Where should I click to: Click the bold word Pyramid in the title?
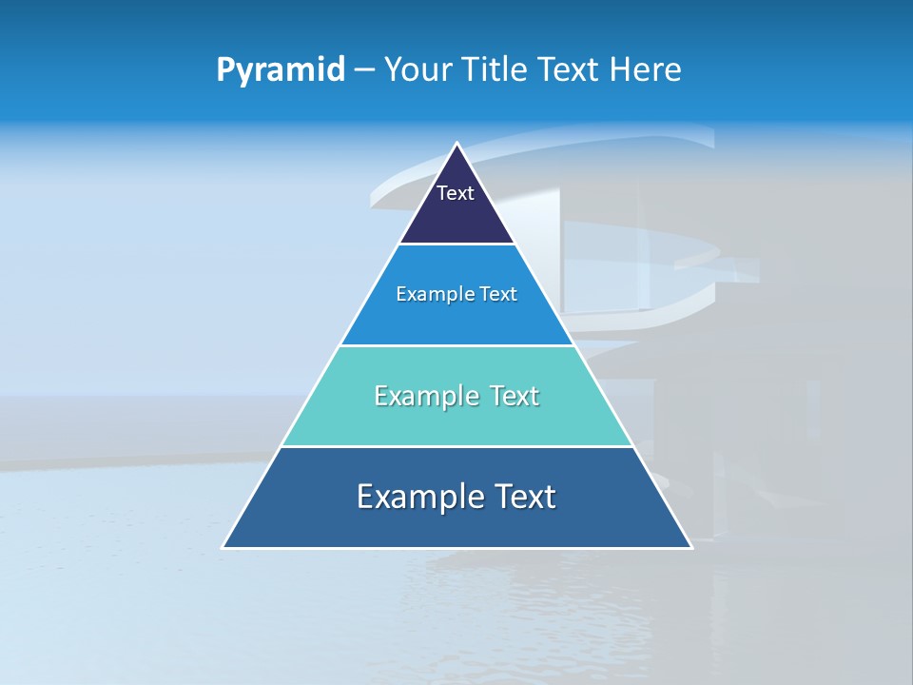click(281, 70)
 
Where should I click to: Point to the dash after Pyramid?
click(364, 70)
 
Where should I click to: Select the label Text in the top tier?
click(456, 193)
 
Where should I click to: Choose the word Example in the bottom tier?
click(416, 497)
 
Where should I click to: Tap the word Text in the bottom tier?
click(522, 497)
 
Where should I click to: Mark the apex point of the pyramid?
click(456, 145)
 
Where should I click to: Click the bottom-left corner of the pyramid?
click(223, 547)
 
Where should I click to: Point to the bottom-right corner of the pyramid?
click(690, 547)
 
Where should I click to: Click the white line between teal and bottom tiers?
click(456, 446)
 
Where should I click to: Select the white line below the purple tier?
click(456, 245)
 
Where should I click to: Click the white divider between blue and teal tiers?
click(456, 345)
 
